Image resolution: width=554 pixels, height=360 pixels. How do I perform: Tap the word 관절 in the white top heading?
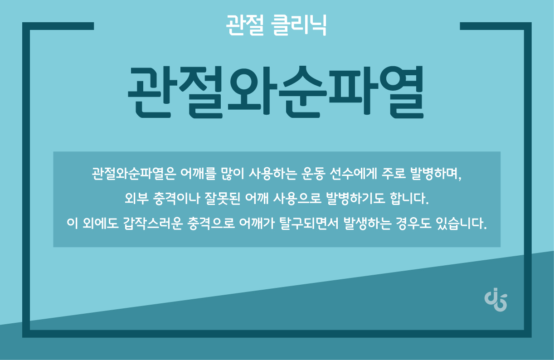(x=245, y=25)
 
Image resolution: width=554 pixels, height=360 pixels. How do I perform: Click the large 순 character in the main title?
(x=303, y=92)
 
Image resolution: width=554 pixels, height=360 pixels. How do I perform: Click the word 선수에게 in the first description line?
(x=354, y=174)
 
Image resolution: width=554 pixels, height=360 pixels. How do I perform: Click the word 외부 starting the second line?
(x=136, y=199)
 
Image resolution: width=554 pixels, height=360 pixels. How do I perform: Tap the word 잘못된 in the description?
(x=222, y=199)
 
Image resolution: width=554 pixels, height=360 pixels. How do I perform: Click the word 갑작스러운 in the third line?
(x=153, y=224)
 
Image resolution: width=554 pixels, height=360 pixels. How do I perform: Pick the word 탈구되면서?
(x=309, y=224)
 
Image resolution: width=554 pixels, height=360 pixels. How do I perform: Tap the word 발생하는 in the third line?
(x=368, y=224)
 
